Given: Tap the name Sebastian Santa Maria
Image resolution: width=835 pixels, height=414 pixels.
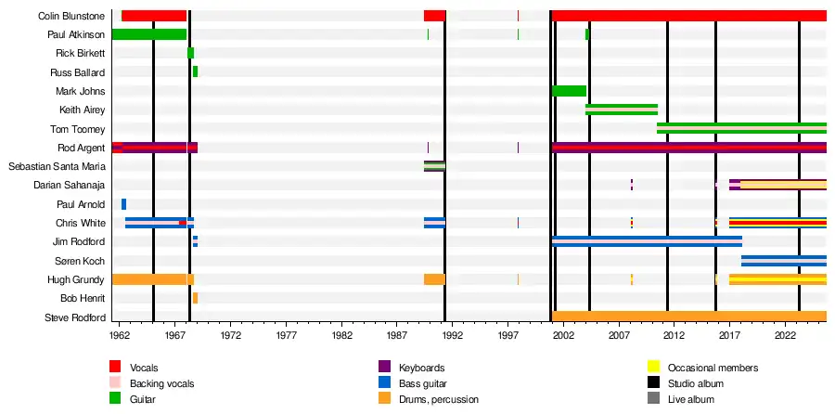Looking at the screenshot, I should point(57,166).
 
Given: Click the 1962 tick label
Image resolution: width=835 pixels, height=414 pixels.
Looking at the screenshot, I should point(120,334).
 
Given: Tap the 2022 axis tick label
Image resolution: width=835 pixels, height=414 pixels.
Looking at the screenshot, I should point(786,334).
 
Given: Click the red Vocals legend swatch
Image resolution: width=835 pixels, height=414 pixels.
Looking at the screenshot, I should point(115,368).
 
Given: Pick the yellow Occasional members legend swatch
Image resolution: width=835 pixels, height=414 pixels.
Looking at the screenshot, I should point(653,368).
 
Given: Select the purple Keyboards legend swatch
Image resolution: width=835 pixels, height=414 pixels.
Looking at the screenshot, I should point(384,368).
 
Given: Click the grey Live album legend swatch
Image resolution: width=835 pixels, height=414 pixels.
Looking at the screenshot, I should point(653,399).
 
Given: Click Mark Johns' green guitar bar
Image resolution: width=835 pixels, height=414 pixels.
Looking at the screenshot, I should point(569,91).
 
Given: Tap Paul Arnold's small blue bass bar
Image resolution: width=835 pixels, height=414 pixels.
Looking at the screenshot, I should point(123,204).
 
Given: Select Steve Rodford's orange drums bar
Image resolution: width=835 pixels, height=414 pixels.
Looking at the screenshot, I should point(688,317).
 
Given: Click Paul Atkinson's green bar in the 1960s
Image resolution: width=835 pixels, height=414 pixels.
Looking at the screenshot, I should point(148,34).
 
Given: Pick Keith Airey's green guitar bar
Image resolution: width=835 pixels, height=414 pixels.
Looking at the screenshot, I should point(622,110).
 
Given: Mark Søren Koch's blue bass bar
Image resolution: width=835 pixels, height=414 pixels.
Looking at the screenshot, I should point(784,261).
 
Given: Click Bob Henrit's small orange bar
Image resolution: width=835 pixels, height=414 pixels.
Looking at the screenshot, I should point(195,298).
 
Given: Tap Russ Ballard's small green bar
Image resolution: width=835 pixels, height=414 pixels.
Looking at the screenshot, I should point(195,71).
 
